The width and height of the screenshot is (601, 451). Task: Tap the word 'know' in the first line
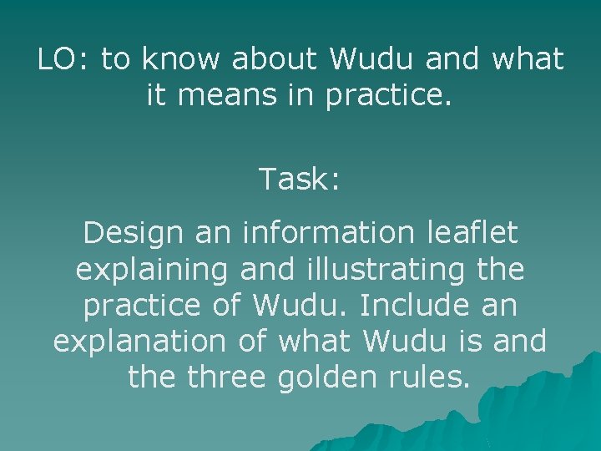(x=183, y=59)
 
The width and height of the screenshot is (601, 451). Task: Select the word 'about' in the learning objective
(x=275, y=59)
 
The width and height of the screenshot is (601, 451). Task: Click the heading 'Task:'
(x=300, y=178)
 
